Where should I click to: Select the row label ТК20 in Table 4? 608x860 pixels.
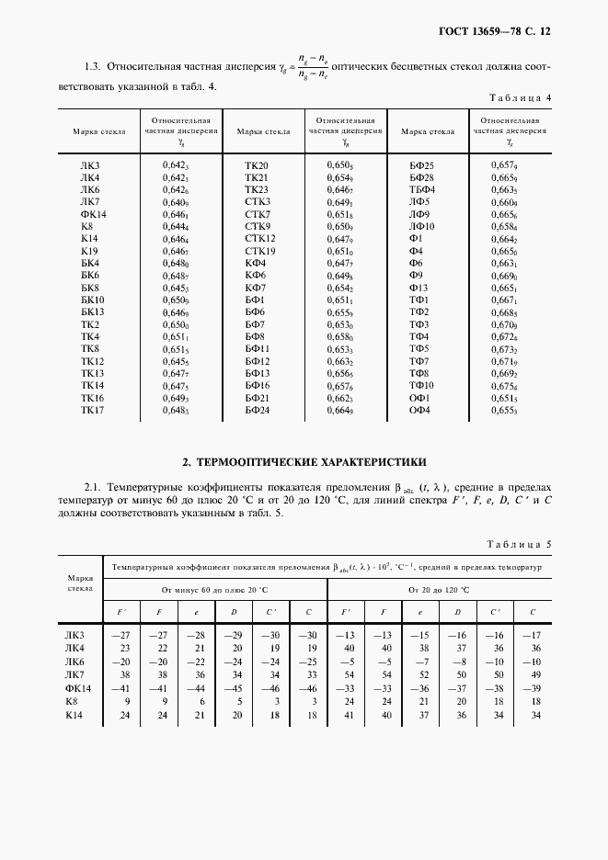pyautogui.click(x=256, y=164)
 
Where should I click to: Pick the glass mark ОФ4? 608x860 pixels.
pyautogui.click(x=420, y=410)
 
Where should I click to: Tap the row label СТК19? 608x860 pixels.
pyautogui.click(x=259, y=251)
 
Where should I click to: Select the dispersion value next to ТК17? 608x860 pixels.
pyautogui.click(x=176, y=411)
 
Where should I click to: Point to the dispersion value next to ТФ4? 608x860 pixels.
pyautogui.click(x=504, y=337)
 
